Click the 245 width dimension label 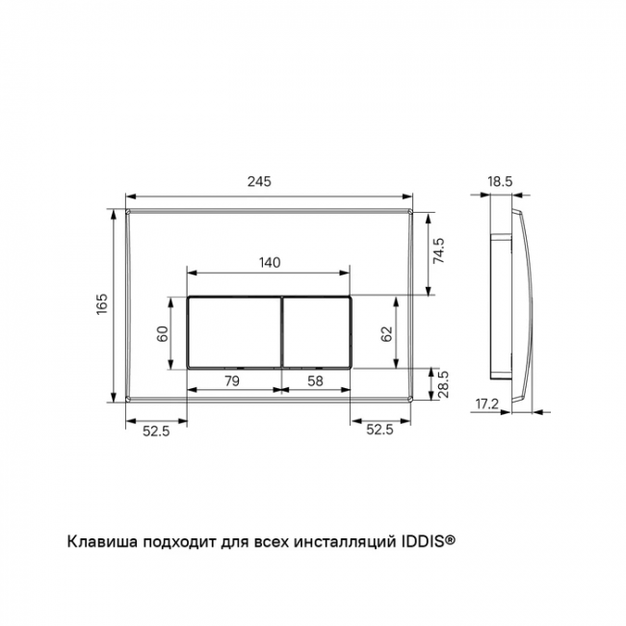point(259,182)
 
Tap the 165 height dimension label point(102,303)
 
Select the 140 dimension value point(270,263)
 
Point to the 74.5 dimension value point(438,250)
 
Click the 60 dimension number point(163,334)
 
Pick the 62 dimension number point(386,334)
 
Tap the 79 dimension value point(232,381)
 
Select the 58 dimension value point(315,381)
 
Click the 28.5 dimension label point(443,384)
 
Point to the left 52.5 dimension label point(156,430)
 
